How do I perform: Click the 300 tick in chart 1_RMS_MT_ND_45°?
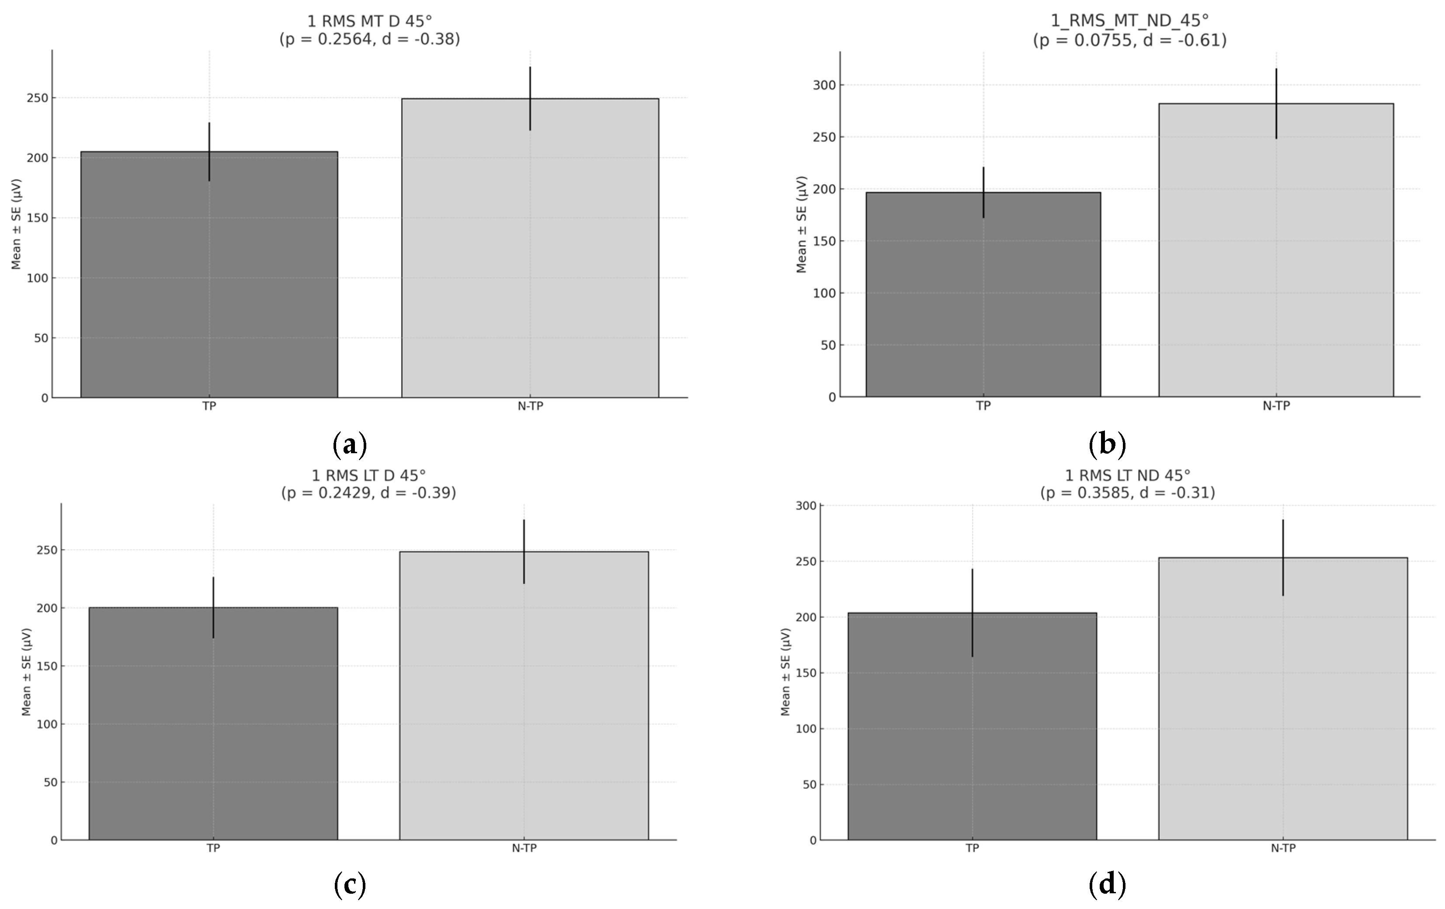(x=824, y=85)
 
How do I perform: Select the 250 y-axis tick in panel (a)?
(x=37, y=98)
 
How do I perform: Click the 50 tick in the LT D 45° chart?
(x=50, y=782)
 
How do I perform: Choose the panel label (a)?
(x=349, y=444)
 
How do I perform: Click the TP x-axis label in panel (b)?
(x=983, y=406)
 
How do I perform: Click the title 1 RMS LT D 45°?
(x=368, y=475)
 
